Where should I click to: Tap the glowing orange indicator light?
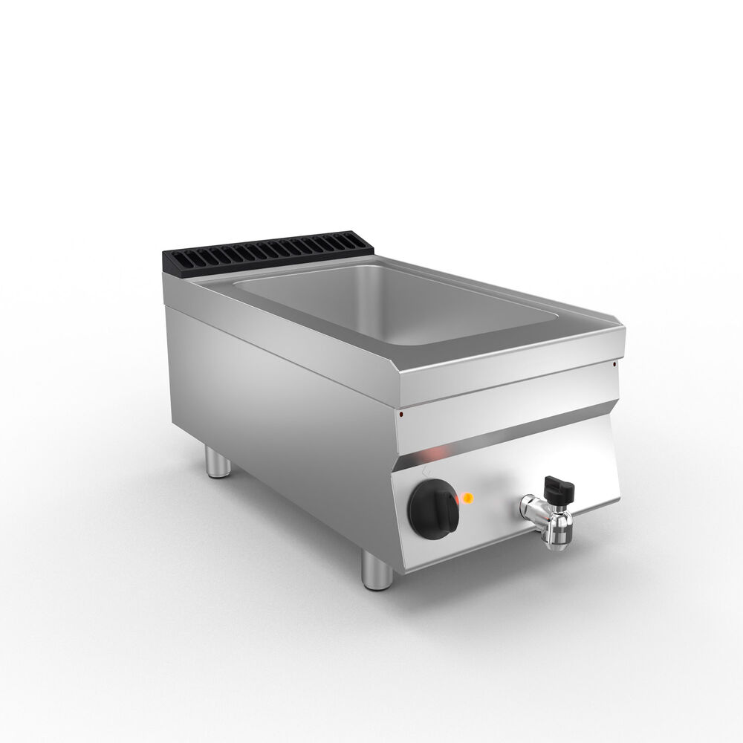click(x=469, y=496)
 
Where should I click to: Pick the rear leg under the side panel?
click(x=216, y=464)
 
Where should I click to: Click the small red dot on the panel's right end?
click(x=614, y=363)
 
